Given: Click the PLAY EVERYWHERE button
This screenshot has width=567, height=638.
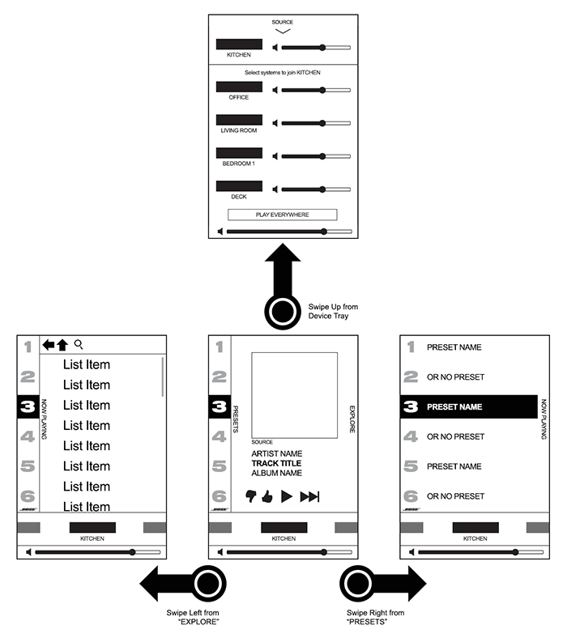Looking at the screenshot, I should point(281,215).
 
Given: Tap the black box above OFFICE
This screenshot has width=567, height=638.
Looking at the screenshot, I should point(239,86).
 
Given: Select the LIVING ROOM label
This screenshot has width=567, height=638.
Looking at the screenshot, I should point(239,130).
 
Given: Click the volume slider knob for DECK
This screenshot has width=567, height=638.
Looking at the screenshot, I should point(322,189).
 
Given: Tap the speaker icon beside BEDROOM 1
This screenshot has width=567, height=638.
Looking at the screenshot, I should point(276,156).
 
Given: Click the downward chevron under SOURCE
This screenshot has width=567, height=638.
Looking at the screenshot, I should point(282,32).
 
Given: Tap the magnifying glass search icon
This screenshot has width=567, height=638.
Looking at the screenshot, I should point(79,344).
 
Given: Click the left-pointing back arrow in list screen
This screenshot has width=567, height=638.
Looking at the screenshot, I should point(48,345).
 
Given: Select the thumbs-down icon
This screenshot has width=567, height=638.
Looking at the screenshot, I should point(250,496).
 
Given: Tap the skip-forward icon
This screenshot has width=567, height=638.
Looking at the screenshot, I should point(309,497).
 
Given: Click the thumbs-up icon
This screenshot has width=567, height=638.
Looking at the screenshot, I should point(266,496).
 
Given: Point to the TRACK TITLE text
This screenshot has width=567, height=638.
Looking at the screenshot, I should point(276,463).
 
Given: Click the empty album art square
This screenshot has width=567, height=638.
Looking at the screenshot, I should point(294,395).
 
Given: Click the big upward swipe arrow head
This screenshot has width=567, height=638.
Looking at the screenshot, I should point(283,263).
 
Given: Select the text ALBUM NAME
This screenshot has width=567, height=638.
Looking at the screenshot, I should point(276,473).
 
